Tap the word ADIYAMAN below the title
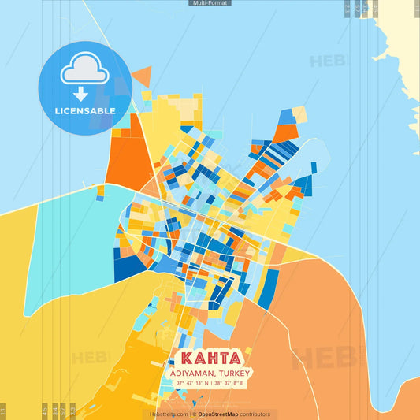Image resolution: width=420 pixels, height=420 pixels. (191, 373)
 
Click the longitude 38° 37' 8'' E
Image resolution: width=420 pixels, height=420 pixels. (229, 383)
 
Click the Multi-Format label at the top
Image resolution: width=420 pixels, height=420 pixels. (210, 3)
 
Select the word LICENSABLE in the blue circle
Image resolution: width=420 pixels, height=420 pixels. (84, 111)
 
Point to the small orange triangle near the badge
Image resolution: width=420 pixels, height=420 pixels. (142, 76)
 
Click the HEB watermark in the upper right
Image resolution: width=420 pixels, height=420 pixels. (327, 61)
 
